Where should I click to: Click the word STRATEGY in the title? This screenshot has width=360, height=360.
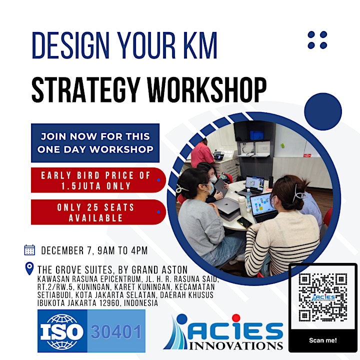click(x=85, y=90)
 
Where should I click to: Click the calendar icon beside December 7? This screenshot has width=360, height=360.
click(x=29, y=250)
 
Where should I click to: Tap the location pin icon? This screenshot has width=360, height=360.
click(x=29, y=268)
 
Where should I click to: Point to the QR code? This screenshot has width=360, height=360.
click(x=323, y=297)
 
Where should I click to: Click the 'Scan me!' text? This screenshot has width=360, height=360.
click(x=323, y=340)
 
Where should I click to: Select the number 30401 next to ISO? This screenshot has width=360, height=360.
click(x=116, y=332)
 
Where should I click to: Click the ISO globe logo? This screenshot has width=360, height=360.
click(x=62, y=331)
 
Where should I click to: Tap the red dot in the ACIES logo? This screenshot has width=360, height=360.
click(x=236, y=318)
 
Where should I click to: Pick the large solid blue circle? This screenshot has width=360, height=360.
click(x=323, y=111)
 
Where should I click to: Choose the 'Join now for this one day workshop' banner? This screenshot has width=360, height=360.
click(x=95, y=143)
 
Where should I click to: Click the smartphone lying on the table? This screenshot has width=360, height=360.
click(x=244, y=222)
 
